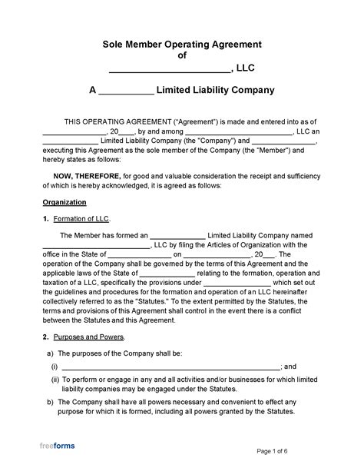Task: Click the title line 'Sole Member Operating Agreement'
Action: click(182, 45)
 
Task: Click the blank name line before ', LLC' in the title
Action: click(168, 69)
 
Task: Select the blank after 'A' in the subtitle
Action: click(126, 91)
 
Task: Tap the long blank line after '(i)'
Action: click(171, 367)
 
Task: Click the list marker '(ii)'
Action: click(55, 380)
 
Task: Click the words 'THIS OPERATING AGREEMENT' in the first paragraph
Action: click(113, 121)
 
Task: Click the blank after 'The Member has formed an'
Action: click(177, 236)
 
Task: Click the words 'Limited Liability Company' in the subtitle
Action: click(215, 91)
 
